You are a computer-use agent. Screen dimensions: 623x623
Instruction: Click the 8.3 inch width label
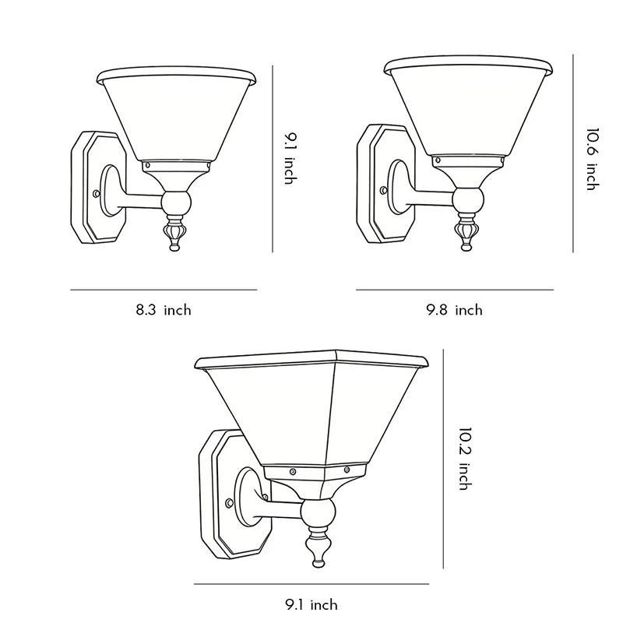[x=163, y=310]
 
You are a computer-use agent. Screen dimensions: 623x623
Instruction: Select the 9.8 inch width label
[x=454, y=310]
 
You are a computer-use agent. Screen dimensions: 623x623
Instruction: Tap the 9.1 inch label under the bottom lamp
[x=311, y=604]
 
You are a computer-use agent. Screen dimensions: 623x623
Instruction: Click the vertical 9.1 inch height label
[x=289, y=158]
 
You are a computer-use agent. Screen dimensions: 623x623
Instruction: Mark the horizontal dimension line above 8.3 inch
[x=164, y=290]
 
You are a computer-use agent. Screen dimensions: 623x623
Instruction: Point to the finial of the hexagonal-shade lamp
[x=318, y=547]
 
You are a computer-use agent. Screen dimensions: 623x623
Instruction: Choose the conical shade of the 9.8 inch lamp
[x=467, y=109]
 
